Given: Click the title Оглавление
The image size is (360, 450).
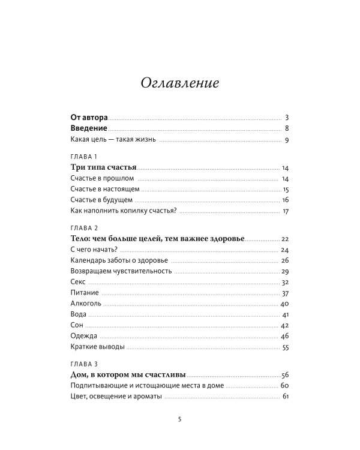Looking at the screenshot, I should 179,82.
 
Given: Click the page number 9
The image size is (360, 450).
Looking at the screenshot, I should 287,141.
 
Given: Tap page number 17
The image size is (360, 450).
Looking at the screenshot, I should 286,211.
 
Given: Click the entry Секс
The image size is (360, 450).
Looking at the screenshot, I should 79,282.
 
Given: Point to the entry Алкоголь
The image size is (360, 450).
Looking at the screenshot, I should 87,304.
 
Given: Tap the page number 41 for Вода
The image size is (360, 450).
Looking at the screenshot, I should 286,315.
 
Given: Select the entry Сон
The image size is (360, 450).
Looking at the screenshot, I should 77,325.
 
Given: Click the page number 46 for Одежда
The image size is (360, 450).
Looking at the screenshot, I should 285,336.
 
